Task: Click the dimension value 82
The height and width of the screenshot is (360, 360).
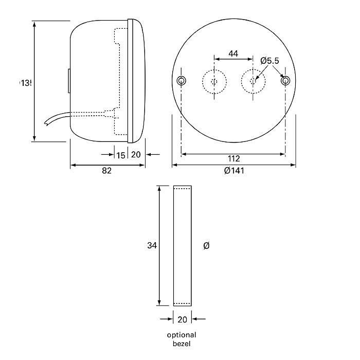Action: pos(106,171)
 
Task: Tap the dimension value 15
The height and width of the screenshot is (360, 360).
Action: pos(120,155)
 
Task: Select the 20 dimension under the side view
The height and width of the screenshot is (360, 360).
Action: pos(136,155)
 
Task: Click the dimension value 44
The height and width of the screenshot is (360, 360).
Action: pos(233,53)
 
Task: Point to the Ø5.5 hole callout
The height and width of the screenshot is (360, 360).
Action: pos(269,61)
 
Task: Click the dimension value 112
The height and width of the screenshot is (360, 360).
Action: pos(233,159)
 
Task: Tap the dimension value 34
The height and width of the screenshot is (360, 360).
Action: pos(151,246)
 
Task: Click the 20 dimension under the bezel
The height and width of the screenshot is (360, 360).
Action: pos(182,319)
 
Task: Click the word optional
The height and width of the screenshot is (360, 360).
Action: pos(182,335)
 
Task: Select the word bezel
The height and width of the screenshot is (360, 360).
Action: pos(182,344)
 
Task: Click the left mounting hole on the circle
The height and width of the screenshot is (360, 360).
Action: pos(181,81)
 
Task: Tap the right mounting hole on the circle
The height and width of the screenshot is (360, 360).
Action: pos(285,81)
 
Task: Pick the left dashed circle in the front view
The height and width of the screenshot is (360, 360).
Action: pos(214,81)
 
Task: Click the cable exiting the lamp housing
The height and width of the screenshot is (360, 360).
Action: pos(57,120)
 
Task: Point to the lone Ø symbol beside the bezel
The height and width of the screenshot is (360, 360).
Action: pos(206,246)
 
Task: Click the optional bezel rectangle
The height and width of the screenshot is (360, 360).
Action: pos(182,246)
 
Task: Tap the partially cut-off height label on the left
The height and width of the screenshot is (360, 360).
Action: pos(26,82)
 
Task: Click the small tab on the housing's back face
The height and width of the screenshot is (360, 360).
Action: pos(68,81)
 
